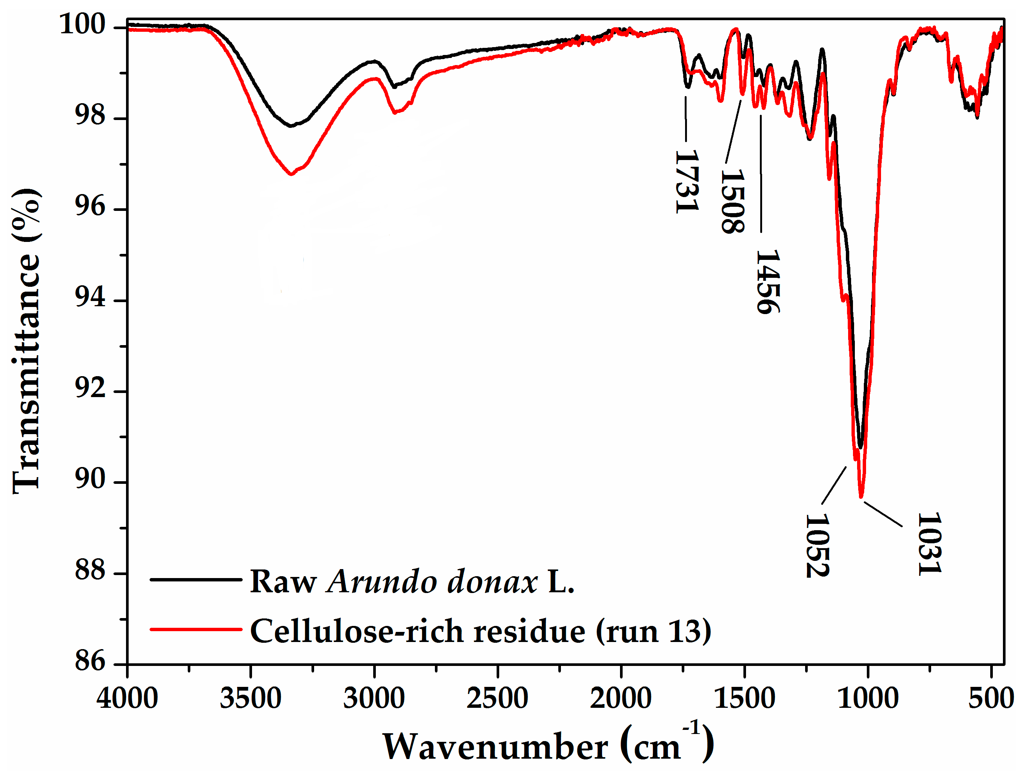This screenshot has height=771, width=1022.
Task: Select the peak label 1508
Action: [x=732, y=201]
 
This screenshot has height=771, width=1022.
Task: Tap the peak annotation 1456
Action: [x=767, y=282]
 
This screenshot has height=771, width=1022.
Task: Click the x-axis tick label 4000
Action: [x=127, y=698]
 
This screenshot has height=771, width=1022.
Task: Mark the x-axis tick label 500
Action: [x=991, y=698]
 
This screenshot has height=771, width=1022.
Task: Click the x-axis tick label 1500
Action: [x=744, y=698]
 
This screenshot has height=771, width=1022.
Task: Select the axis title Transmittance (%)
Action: [x=26, y=342]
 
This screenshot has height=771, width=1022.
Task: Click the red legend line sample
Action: [x=196, y=629]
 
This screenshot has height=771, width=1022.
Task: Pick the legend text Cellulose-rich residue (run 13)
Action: [x=481, y=631]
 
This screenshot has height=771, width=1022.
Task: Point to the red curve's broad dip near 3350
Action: [x=291, y=174]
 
